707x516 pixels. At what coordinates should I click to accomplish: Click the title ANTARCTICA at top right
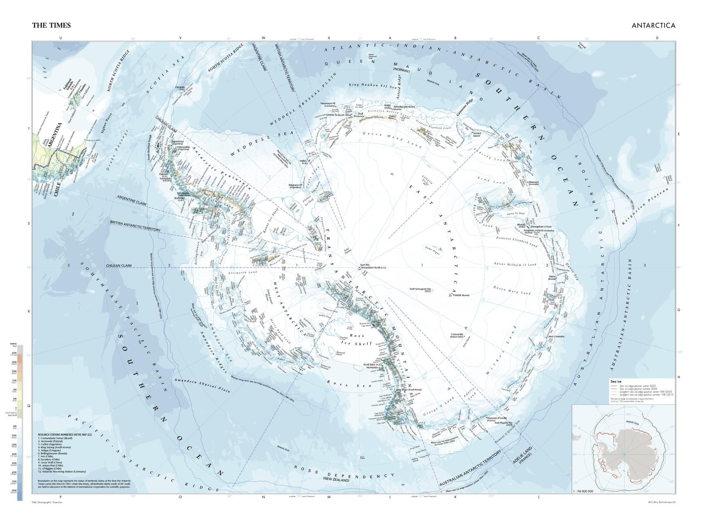[653, 25]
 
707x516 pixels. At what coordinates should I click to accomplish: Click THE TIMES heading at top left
[51, 25]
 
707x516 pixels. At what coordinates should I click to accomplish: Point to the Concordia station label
[457, 335]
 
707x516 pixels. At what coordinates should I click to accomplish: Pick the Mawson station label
[533, 182]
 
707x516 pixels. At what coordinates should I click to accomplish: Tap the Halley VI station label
[304, 161]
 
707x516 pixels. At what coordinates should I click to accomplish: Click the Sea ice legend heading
[616, 381]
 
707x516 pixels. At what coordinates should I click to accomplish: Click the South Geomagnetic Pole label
[420, 289]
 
